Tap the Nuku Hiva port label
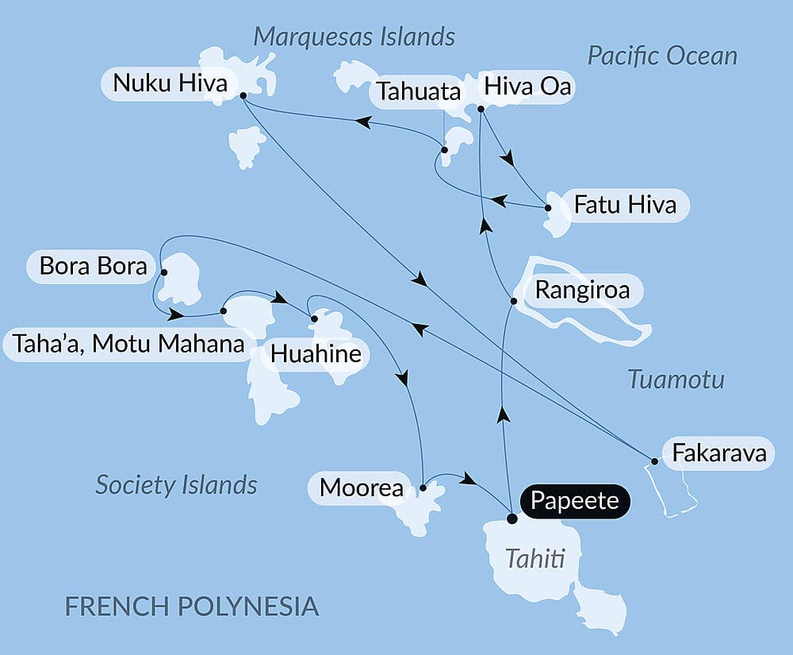tap(170, 83)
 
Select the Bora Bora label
tap(93, 266)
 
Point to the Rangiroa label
tap(582, 290)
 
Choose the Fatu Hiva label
tap(625, 205)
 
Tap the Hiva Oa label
tap(527, 87)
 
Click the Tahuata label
tap(418, 91)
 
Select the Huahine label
tap(316, 354)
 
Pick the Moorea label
tap(362, 487)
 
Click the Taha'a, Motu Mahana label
tap(128, 345)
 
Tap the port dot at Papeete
tap(512, 518)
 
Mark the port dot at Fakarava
tap(654, 461)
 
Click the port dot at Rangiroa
tap(514, 301)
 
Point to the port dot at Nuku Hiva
tap(243, 95)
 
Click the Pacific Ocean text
tap(662, 56)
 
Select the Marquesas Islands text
tap(354, 37)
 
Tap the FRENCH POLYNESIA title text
tap(191, 607)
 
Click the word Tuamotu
tap(676, 380)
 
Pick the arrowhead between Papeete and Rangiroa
tap(501, 414)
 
